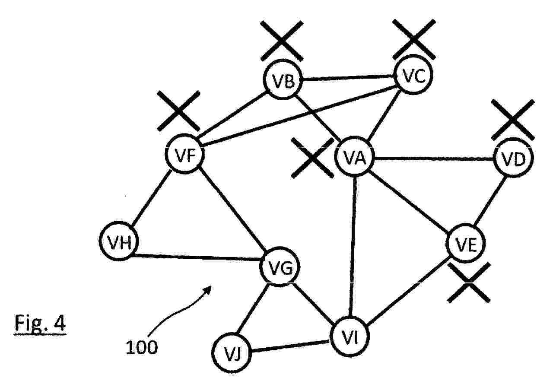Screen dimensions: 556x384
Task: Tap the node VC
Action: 413,74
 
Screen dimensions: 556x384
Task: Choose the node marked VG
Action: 280,267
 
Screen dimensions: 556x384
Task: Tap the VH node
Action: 119,241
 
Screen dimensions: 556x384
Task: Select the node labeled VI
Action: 350,336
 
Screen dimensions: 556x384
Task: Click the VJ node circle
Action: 231,352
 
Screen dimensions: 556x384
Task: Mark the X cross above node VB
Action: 282,41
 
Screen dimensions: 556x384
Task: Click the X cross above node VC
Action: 414,39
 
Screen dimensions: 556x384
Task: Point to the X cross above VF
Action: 179,111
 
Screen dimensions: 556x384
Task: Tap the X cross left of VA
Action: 312,158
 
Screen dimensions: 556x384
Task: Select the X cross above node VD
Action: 513,120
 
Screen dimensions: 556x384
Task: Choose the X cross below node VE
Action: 469,282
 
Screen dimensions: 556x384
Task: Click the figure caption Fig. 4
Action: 40,324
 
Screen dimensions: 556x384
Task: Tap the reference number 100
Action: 142,347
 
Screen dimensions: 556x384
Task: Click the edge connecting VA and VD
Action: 434,158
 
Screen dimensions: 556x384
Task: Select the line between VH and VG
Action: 196,257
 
